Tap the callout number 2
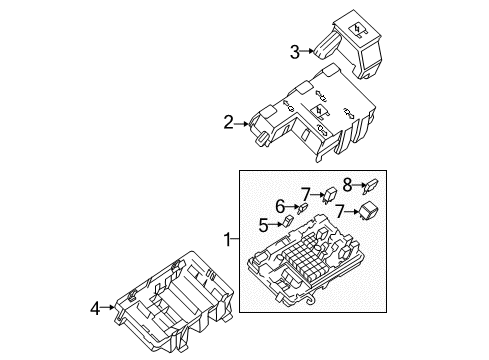tap(228, 124)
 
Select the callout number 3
tap(295, 51)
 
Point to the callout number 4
tap(96, 309)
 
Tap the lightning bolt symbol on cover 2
tap(319, 111)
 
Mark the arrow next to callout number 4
tap(110, 309)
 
